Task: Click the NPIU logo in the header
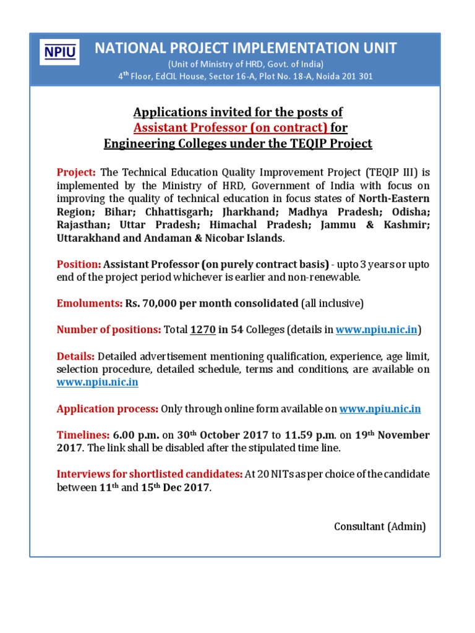click(x=60, y=52)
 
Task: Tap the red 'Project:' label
click(x=76, y=172)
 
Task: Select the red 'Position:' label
click(x=79, y=264)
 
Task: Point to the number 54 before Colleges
click(x=236, y=329)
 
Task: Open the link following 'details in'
click(x=377, y=329)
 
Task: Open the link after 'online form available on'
click(x=380, y=409)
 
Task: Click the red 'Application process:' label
click(x=107, y=409)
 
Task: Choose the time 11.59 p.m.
click(x=306, y=435)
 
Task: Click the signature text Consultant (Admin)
click(x=380, y=526)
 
